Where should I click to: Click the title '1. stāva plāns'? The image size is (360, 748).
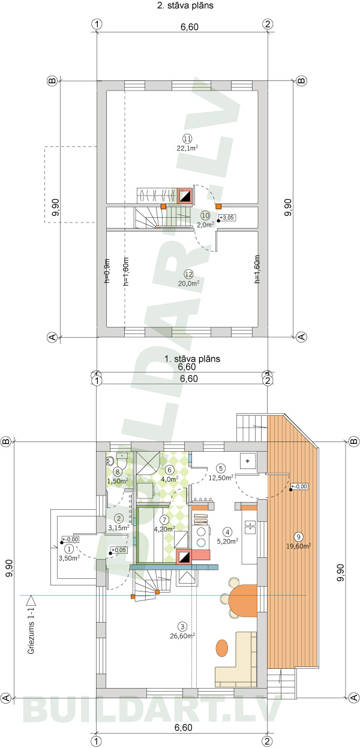192,359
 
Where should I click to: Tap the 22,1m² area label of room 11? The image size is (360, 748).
187,148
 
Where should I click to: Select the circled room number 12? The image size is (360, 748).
187,274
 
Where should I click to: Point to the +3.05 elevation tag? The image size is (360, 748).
227,217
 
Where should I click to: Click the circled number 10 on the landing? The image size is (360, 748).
205,215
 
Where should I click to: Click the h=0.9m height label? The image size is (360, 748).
107,271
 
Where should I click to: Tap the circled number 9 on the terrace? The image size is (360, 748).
298,536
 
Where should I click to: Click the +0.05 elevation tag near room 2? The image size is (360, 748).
119,549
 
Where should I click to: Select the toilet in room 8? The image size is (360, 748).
111,461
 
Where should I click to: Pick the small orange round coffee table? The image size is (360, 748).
222,647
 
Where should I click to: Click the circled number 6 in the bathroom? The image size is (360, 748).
170,470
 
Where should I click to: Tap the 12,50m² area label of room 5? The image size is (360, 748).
220,477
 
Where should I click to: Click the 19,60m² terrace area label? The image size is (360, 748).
298,546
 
